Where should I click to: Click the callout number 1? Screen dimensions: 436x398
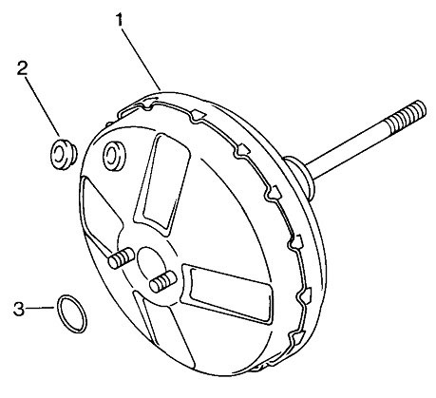click(120, 20)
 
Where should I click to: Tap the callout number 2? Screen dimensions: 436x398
click(22, 68)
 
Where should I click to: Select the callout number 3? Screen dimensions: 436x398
click(19, 309)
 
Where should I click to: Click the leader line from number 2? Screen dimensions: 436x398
click(43, 105)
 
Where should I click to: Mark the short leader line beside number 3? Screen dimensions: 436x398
click(40, 308)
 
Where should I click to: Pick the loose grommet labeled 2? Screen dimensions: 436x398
click(64, 154)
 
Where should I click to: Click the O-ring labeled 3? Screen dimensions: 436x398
click(72, 313)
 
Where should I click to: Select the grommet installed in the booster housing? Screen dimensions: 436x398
click(114, 155)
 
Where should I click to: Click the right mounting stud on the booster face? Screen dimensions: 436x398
click(162, 281)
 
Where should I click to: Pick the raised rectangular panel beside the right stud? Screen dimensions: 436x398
click(226, 294)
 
